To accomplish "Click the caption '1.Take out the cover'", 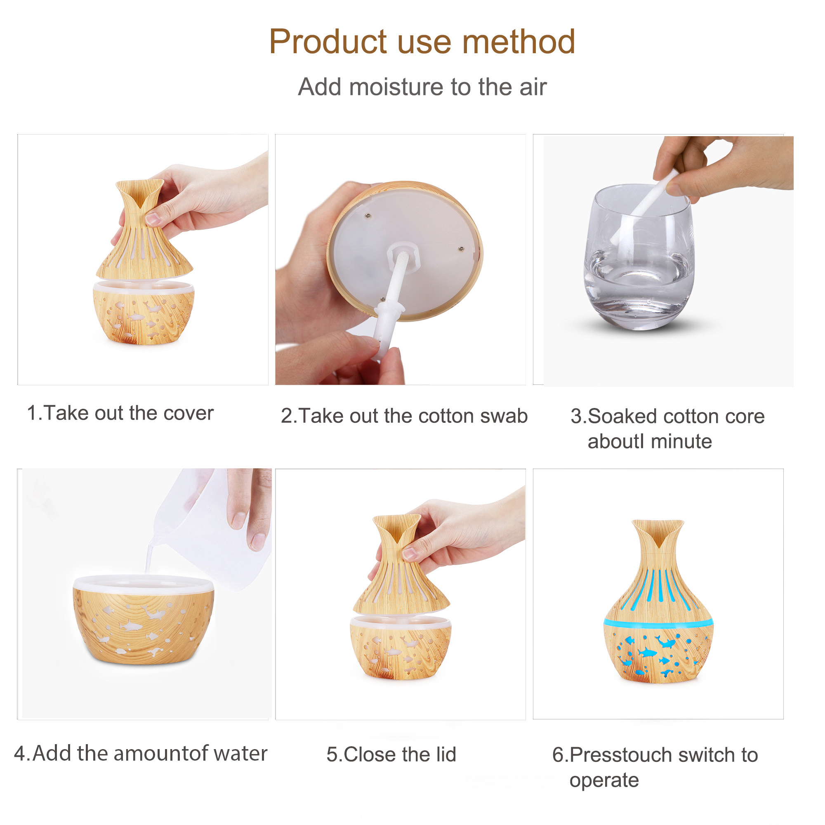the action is (x=120, y=413).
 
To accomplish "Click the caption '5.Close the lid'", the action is (x=391, y=754).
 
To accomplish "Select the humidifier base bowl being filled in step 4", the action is (x=144, y=619).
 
